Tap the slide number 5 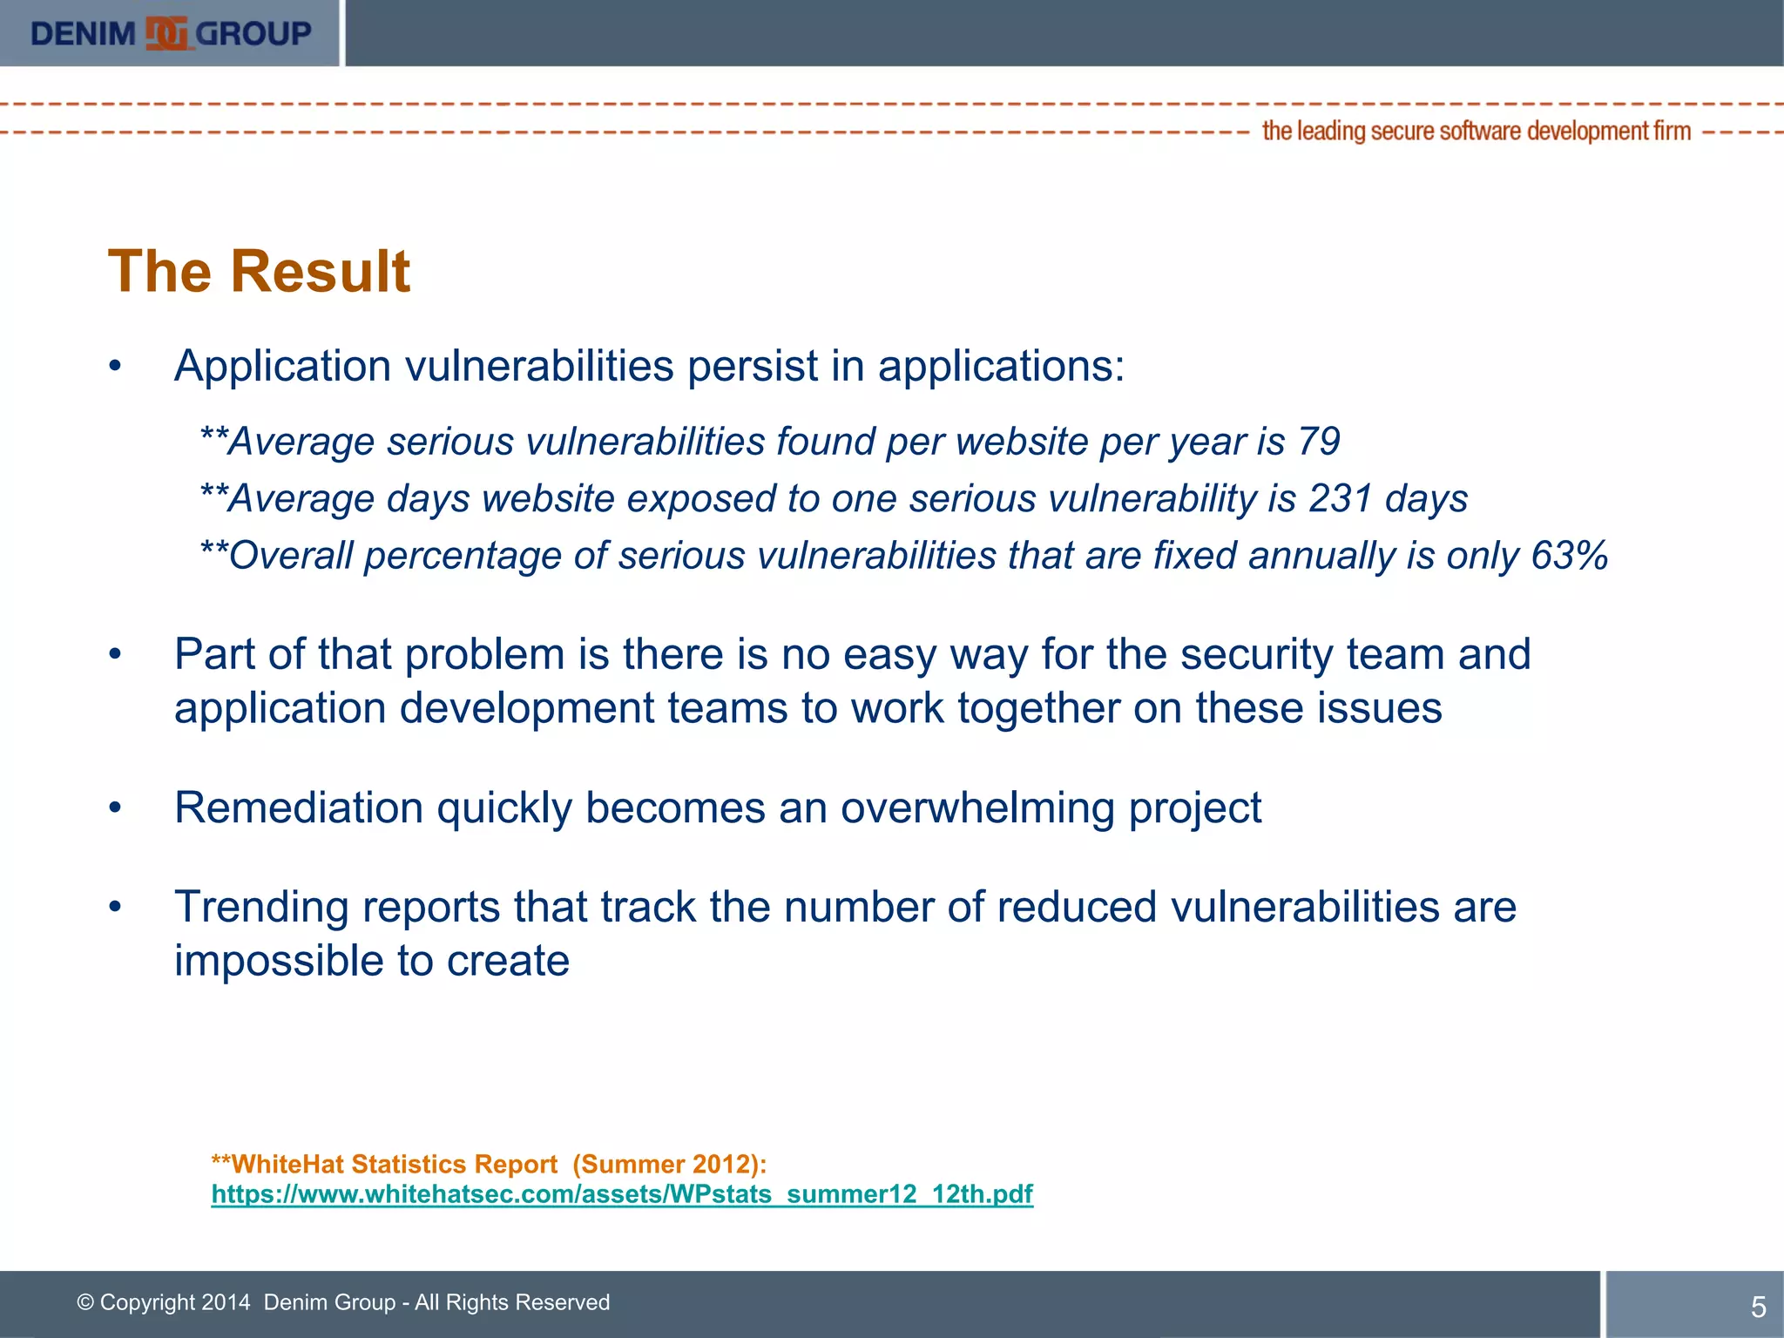1758,1307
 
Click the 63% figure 1569,556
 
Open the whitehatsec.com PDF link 622,1193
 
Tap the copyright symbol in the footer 85,1302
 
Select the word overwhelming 977,808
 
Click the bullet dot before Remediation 115,808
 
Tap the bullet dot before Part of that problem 115,654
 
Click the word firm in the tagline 1672,131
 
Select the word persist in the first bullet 752,366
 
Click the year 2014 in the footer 226,1302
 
